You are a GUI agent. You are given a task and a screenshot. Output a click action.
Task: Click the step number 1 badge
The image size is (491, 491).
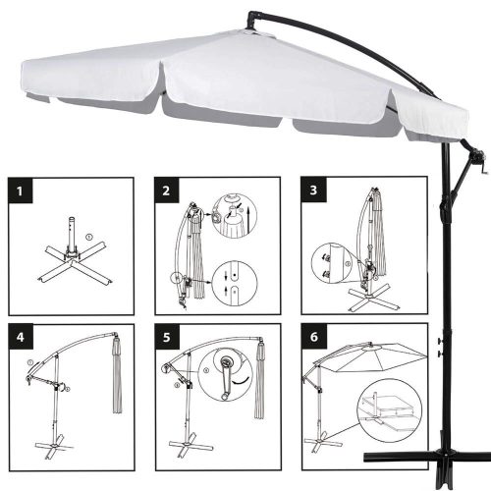coord(21,191)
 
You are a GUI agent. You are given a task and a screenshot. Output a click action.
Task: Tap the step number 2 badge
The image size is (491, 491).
coord(167,191)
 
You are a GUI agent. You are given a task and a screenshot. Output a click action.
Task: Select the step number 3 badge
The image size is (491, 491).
coord(313,190)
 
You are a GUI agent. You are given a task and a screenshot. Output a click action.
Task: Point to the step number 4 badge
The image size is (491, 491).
coord(21,337)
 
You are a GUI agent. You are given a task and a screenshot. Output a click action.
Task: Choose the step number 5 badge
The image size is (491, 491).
coord(167,337)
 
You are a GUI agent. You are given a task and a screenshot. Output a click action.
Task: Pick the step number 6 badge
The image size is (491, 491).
coord(314,336)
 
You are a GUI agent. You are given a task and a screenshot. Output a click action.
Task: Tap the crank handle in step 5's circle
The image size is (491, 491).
coord(226,379)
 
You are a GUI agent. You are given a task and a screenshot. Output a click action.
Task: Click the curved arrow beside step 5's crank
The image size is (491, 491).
coord(241,381)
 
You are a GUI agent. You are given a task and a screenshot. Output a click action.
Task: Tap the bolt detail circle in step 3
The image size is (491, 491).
coord(332,263)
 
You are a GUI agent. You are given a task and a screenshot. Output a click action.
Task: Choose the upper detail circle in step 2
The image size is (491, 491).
coord(234,215)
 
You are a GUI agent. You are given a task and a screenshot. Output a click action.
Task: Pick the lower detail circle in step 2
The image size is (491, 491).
coord(235,284)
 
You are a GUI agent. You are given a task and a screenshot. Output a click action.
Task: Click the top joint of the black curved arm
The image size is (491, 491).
coord(253,20)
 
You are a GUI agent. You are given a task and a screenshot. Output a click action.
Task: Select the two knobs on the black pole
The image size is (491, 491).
coord(440,348)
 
